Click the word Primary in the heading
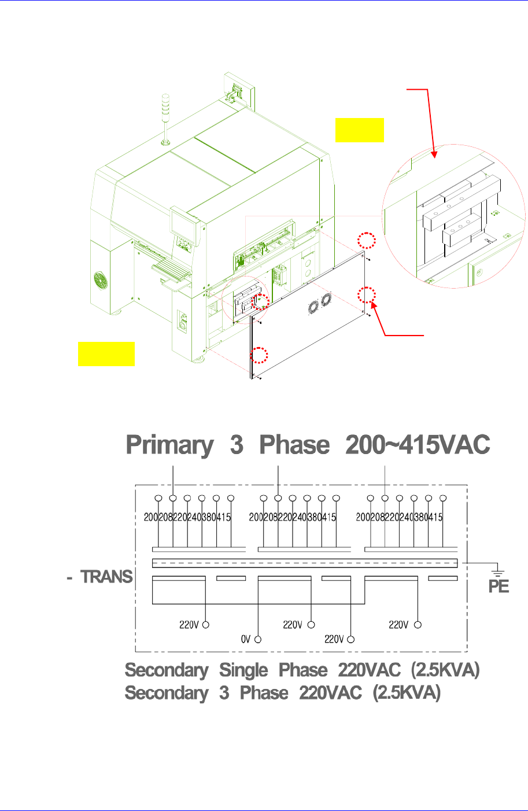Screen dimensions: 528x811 (x=169, y=445)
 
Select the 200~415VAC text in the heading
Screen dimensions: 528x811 (x=418, y=445)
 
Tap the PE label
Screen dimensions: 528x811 (x=498, y=587)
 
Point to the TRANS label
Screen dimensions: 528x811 (x=106, y=577)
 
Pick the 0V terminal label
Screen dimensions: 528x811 (x=245, y=639)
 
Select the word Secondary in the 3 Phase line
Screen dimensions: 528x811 (x=167, y=692)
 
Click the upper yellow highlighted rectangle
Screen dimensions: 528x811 (x=359, y=130)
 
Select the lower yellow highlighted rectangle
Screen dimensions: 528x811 (x=106, y=354)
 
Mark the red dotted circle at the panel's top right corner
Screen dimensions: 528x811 (x=366, y=240)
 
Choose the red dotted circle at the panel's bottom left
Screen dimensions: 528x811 (x=259, y=355)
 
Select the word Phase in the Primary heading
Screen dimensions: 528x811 (x=294, y=445)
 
